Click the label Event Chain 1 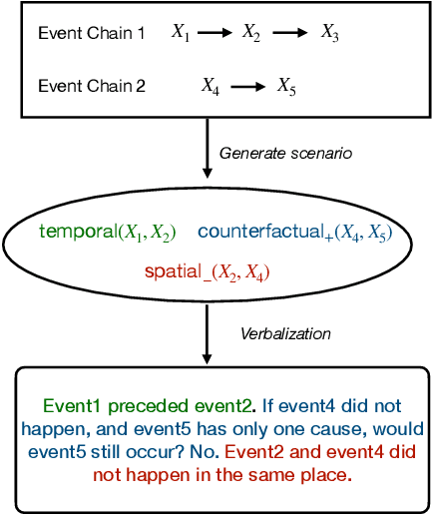click(x=90, y=33)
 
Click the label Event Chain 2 click(x=90, y=86)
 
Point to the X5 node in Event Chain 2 click(x=286, y=87)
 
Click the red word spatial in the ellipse click(x=176, y=270)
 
